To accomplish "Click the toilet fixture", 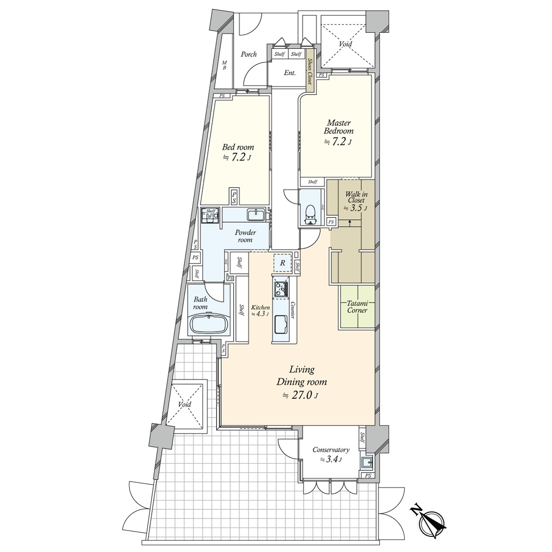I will (x=311, y=214).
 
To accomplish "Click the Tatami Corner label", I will (x=357, y=307).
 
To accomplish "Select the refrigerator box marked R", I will (x=283, y=263).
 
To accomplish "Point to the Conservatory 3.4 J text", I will (x=331, y=454).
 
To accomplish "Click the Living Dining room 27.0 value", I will (x=301, y=395).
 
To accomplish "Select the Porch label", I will (x=248, y=54).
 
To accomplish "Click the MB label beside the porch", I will (x=224, y=65).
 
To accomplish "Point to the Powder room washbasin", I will (x=255, y=215).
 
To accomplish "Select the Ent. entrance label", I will (x=289, y=73).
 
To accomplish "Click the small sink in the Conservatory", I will (x=366, y=462).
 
